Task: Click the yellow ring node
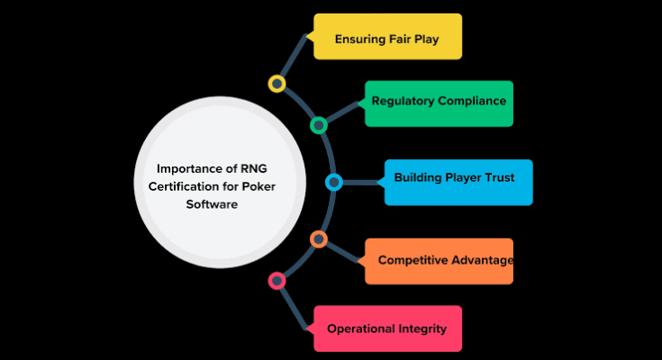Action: pyautogui.click(x=277, y=84)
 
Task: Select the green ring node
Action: pyautogui.click(x=318, y=125)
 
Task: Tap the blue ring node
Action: pyautogui.click(x=334, y=183)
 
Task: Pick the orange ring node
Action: pyautogui.click(x=318, y=238)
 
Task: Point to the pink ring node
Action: pyautogui.click(x=277, y=281)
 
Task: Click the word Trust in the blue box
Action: pyautogui.click(x=498, y=177)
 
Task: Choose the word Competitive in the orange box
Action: pyautogui.click(x=413, y=260)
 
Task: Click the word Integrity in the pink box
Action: pyautogui.click(x=423, y=328)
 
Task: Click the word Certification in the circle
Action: pyautogui.click(x=172, y=186)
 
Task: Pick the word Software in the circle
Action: pyautogui.click(x=214, y=204)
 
